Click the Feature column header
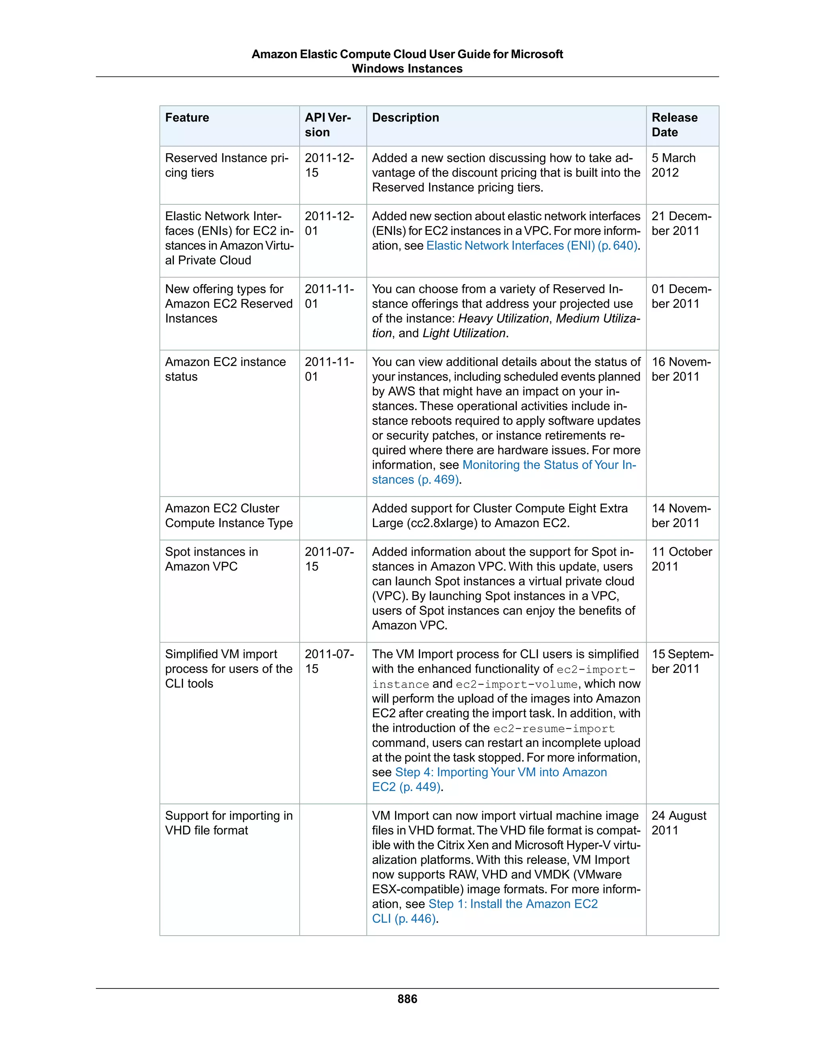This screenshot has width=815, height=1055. coord(187,118)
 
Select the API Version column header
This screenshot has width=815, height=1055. coord(328,125)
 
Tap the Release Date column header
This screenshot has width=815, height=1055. coord(675,125)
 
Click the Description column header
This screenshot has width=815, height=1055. coord(406,118)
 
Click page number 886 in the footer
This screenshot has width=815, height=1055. coord(407,999)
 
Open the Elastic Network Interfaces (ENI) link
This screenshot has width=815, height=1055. coord(532,246)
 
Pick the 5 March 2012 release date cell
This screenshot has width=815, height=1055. coord(674,166)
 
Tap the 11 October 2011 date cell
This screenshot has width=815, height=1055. coord(681,559)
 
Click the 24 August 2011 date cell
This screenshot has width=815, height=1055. coord(679,823)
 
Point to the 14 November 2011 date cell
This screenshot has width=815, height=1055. coord(681,516)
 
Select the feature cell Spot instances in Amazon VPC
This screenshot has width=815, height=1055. coord(211,559)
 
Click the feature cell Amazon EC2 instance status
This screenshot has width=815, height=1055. coord(225,369)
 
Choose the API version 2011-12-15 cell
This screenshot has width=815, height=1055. coord(329,166)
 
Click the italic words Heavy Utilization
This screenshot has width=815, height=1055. coord(503,319)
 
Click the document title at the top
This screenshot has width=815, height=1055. coord(407,61)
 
